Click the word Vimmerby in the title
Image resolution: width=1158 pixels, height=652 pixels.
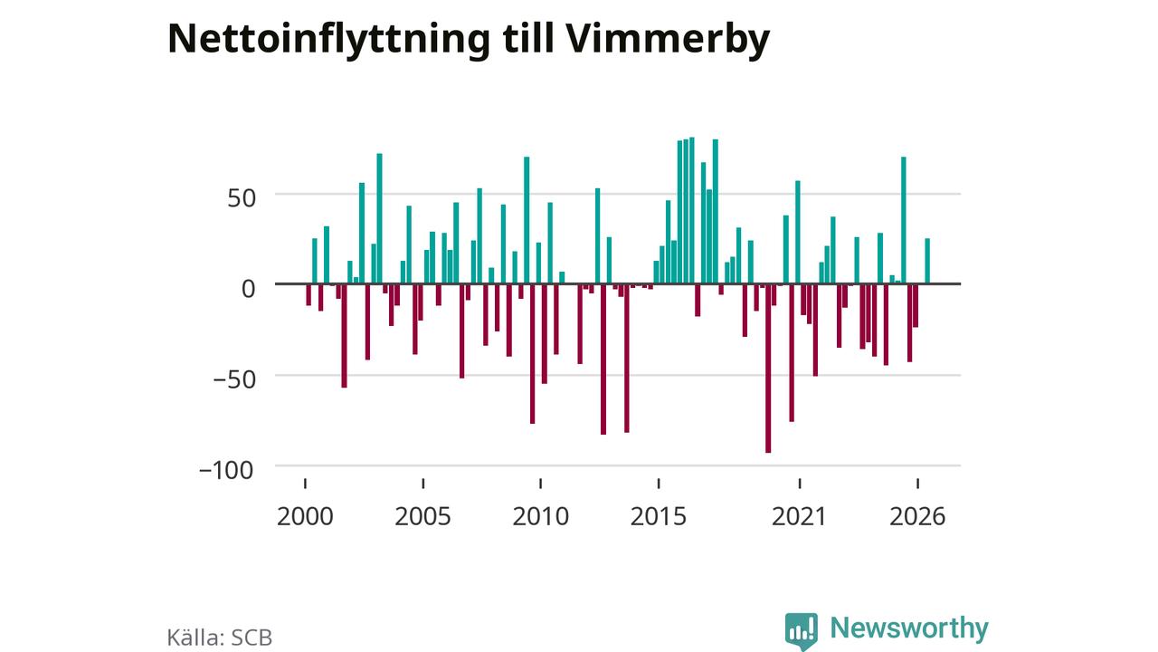tap(668, 40)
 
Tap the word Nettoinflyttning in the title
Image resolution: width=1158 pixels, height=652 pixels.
tap(328, 40)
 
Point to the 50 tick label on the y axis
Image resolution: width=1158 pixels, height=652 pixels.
tap(242, 198)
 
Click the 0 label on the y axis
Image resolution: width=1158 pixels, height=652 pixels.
tap(249, 289)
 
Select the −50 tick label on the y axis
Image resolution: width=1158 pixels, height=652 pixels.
tap(234, 379)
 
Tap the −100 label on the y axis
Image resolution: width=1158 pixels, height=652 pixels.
tap(226, 470)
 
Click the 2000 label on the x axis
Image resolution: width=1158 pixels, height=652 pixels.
tap(305, 516)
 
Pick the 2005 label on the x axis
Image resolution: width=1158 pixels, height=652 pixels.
tap(422, 516)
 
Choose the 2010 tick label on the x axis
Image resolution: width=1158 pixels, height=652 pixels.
tap(541, 516)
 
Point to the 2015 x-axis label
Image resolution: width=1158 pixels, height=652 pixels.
tap(658, 516)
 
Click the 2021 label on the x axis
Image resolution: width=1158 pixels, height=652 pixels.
tap(799, 516)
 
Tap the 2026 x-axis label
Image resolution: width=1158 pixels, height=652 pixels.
tap(917, 516)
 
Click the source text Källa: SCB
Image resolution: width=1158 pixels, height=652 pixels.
tap(220, 638)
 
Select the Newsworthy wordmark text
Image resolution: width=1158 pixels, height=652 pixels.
tap(909, 628)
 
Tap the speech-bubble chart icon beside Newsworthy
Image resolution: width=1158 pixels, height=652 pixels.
tap(802, 631)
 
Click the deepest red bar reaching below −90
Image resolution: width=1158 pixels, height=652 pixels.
tap(768, 369)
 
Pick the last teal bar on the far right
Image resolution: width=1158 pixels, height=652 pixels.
tap(927, 261)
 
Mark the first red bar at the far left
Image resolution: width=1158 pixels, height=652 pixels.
tap(308, 294)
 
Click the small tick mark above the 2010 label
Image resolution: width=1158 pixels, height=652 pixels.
tap(541, 484)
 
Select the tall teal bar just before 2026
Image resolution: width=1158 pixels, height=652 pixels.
tap(904, 220)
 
